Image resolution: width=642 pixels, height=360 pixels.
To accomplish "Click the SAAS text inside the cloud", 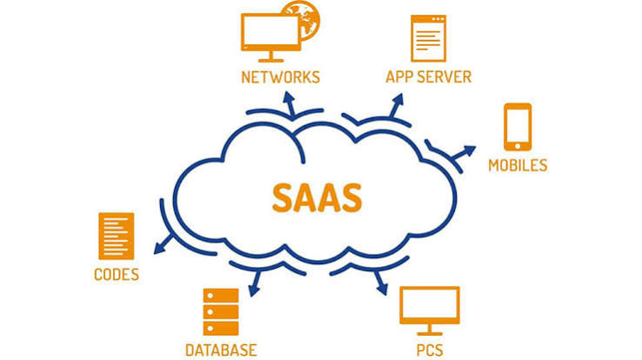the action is coord(317,198).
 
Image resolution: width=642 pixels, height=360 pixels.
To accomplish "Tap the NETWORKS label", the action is coord(280,77).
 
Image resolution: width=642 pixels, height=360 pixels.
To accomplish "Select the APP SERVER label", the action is coord(428,77).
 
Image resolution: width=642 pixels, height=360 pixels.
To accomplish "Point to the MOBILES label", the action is coord(518,165).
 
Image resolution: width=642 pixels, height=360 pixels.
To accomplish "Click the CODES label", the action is coord(117,275).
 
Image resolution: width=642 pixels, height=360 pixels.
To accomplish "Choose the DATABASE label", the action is coord(221,350).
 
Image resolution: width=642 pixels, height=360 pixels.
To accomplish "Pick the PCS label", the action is coord(430,350).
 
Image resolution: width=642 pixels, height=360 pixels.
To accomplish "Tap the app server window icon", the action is coord(428,38).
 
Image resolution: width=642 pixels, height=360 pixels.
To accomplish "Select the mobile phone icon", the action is coord(518,127).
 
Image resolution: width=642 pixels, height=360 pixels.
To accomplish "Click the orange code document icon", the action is coord(117,236).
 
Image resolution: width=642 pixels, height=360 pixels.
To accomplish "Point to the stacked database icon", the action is coord(221,312).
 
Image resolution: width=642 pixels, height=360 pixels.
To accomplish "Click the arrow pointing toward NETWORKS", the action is coord(291,103).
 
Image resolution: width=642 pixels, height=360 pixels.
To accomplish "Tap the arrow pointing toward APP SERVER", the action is coord(396,106).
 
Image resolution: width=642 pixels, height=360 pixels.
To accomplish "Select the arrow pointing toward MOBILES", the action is coord(464,152).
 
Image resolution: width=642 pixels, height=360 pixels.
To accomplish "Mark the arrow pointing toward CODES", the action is coord(164,243).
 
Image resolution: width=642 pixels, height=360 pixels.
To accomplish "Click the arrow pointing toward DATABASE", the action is coord(256,283).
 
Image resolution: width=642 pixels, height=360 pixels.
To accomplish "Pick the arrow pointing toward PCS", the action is coord(381,283).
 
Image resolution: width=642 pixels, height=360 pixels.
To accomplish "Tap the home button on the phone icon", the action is coord(518,146).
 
